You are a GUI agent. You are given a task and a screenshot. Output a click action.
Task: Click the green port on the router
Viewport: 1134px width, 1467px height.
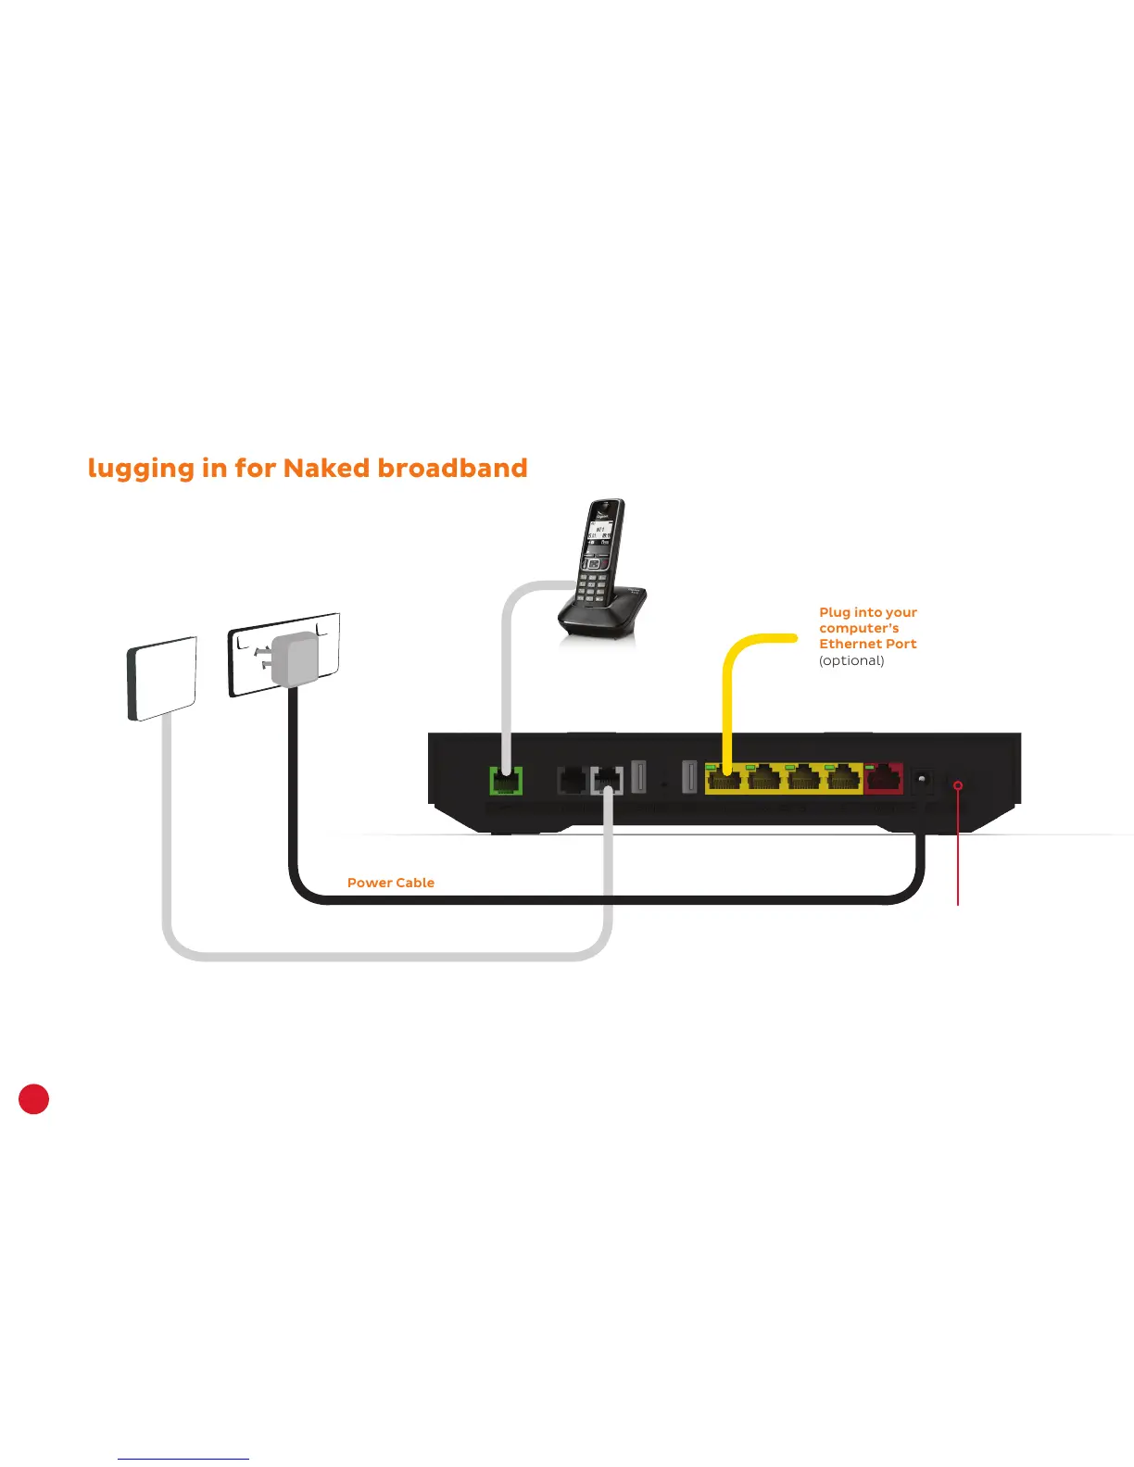point(506,781)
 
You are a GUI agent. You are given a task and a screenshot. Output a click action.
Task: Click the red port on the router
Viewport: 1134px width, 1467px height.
point(884,779)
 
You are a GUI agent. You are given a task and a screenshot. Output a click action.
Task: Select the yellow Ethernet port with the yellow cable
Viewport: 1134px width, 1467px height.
point(724,780)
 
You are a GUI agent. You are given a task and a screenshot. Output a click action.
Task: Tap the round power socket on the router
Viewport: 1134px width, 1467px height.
point(922,781)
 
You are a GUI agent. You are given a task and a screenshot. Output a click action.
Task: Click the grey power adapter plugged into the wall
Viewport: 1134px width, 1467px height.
point(295,658)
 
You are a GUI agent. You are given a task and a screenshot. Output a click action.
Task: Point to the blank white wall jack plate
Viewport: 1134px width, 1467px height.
point(162,679)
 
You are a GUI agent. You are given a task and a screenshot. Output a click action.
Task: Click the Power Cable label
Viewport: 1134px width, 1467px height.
point(390,883)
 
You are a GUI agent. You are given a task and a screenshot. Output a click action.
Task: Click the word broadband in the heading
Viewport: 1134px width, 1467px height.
point(452,468)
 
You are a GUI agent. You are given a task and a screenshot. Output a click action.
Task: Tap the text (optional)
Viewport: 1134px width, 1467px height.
point(851,660)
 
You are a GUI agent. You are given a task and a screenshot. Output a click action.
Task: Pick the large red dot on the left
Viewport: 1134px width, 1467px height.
point(34,1098)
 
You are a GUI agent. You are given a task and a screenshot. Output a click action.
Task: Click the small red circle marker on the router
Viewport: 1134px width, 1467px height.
point(958,785)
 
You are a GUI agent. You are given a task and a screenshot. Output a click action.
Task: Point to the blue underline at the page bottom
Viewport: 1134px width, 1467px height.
point(183,1459)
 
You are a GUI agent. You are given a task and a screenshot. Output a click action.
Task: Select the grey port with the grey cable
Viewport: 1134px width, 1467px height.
point(607,781)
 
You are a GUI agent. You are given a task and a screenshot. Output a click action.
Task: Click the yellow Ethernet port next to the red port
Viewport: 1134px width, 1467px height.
point(844,780)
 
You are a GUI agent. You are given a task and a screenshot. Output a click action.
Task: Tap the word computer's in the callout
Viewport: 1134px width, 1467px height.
point(859,628)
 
